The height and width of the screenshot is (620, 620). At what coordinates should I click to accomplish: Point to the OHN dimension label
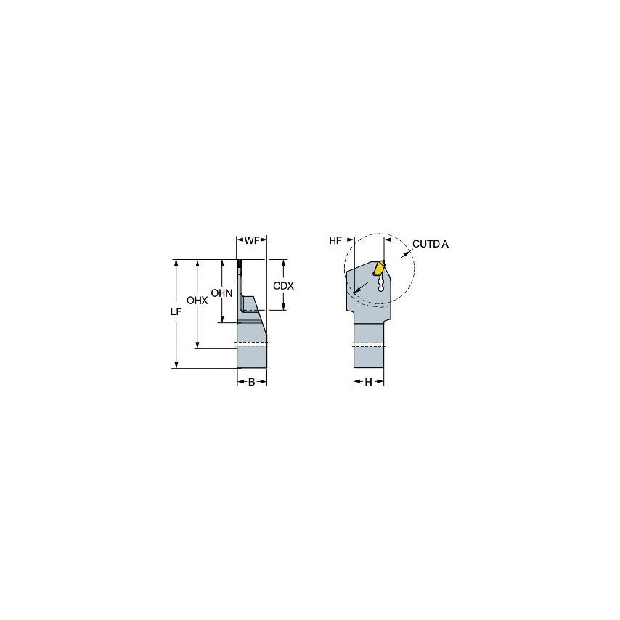coord(221,293)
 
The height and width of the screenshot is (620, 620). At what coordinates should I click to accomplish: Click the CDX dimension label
coord(283,286)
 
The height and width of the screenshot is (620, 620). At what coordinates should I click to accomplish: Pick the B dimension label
coord(251,382)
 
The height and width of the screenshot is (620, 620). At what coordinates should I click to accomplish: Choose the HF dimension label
coord(335,240)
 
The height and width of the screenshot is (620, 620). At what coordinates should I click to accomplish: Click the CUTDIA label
coord(431,245)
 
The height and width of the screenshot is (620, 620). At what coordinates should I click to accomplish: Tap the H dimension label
coord(368,382)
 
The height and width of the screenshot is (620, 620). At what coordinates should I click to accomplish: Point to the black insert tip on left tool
coord(238,264)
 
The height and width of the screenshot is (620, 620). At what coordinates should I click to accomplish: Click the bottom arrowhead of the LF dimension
coord(175,364)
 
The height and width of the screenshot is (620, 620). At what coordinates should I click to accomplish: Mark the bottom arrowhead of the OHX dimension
coord(197,345)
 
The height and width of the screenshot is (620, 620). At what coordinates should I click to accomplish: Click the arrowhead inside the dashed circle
coord(357,291)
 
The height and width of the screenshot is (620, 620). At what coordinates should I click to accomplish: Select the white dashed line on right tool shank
coord(368,345)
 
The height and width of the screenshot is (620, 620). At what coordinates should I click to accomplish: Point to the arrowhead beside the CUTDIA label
coord(408,250)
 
